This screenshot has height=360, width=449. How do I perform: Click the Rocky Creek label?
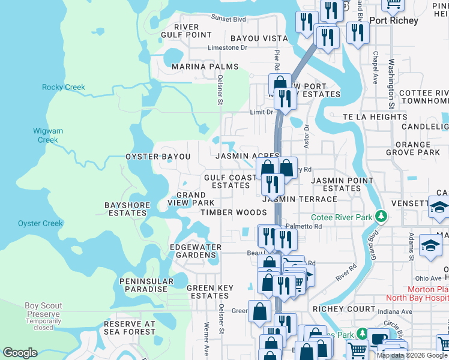64,87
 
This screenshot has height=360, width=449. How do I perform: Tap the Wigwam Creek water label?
47,135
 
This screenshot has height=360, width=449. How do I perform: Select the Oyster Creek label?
40,223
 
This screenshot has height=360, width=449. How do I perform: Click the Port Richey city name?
394,20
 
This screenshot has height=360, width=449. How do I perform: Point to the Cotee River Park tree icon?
379,215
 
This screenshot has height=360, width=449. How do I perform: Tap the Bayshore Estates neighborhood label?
127,209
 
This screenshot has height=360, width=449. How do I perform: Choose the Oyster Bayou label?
158,157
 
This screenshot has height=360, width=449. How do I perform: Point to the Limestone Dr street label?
227,48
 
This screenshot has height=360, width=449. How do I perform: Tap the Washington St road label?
390,83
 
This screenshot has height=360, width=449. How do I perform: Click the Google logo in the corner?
20,352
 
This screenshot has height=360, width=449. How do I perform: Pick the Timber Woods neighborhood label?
234,212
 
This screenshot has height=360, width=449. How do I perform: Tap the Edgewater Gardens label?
196,251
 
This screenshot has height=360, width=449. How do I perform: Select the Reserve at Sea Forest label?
130,328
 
